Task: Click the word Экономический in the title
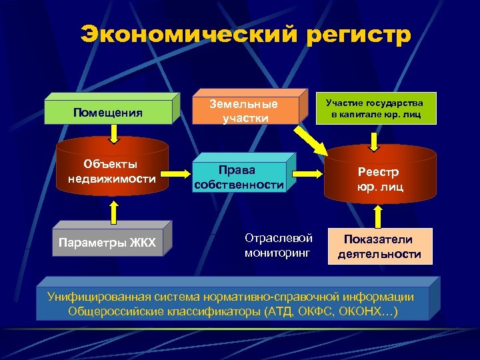(x=178, y=34)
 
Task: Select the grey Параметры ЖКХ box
(x=107, y=242)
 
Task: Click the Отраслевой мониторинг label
(x=278, y=245)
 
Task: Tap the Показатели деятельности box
(x=379, y=247)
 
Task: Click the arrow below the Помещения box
(x=113, y=134)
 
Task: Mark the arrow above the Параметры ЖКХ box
(x=113, y=211)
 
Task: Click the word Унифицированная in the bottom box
(x=94, y=297)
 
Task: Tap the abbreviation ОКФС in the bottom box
(x=324, y=311)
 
